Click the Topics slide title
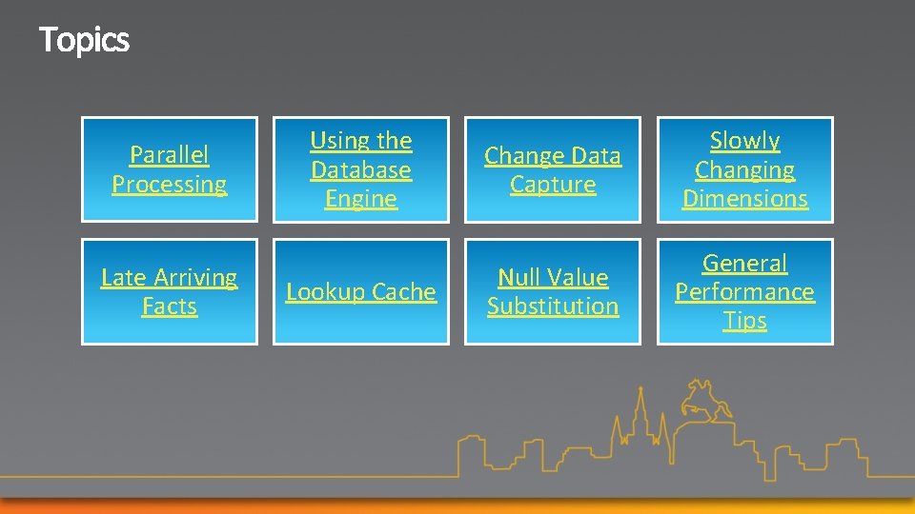point(84,40)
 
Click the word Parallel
point(170,154)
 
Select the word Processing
point(170,184)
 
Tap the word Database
point(361,169)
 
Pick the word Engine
point(361,198)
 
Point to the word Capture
point(553,184)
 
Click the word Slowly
point(745,141)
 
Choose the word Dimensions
point(745,198)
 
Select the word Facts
point(170,306)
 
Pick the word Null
point(520,277)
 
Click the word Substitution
point(553,306)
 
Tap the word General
point(745,263)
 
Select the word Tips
point(745,320)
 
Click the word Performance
point(745,291)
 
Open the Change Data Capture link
point(553,169)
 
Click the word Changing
point(745,169)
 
